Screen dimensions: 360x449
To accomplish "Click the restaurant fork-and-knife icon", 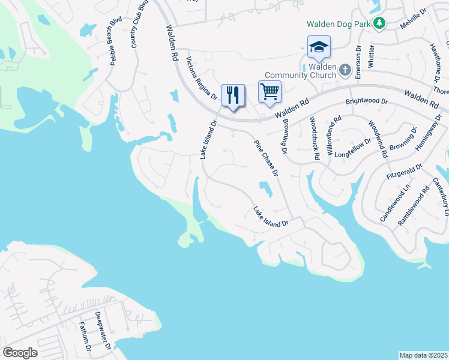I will click(233, 95).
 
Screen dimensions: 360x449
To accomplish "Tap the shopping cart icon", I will click(270, 92).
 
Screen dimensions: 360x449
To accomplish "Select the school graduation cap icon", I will click(319, 47).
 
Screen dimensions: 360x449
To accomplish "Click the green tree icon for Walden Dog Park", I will click(379, 23).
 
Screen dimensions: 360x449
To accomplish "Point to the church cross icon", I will click(345, 70).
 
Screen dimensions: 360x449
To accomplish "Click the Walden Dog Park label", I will click(338, 25).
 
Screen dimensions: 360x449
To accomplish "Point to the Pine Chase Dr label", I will click(267, 157).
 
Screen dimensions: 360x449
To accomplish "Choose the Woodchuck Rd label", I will click(314, 138).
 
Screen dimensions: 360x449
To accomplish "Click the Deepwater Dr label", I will click(103, 331).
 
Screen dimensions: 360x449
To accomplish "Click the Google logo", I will click(20, 353).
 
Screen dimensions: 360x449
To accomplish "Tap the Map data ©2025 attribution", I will click(423, 355).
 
